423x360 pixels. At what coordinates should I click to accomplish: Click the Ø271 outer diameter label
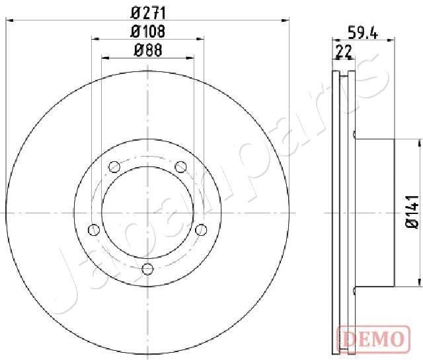148,11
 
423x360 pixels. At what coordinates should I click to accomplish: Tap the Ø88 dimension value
148,49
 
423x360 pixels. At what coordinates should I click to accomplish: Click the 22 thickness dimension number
344,50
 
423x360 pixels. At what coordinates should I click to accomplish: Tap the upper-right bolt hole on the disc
181,166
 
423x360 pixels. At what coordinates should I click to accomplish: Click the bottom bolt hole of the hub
148,268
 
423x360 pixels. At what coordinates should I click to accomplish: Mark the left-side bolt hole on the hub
93,229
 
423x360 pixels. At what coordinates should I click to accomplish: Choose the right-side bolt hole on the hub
202,229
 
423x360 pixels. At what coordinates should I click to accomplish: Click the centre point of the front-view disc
148,213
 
